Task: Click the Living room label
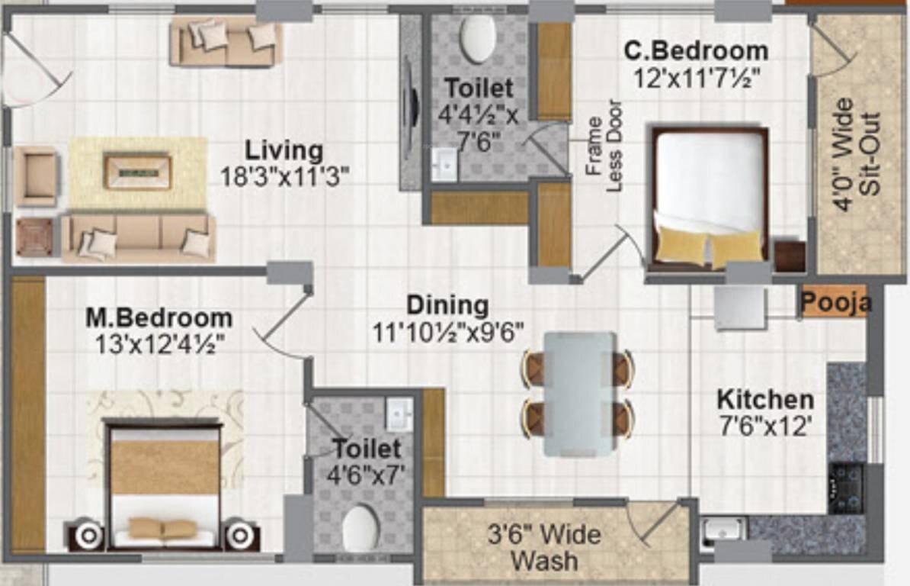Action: point(284,150)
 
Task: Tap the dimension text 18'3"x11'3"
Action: point(284,176)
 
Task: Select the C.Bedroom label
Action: point(696,51)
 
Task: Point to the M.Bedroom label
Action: point(159,317)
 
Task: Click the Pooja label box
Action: point(836,303)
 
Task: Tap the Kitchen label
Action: point(764,399)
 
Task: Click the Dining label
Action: point(447,305)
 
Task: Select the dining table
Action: point(579,393)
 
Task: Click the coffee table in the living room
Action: point(138,172)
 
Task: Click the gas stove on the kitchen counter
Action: point(846,488)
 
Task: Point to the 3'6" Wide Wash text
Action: point(544,547)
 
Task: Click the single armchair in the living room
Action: point(36,176)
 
